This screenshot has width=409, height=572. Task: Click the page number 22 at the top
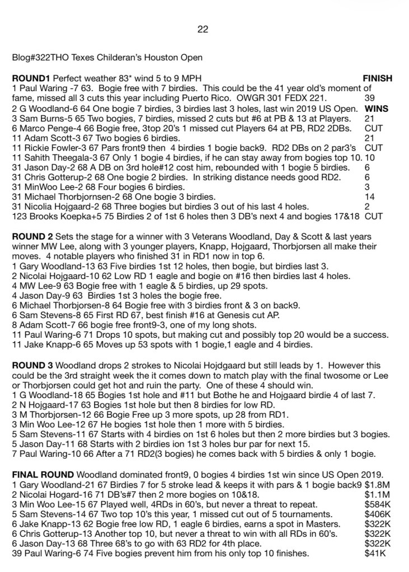tap(203, 30)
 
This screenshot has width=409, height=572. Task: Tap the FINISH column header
tap(378, 79)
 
